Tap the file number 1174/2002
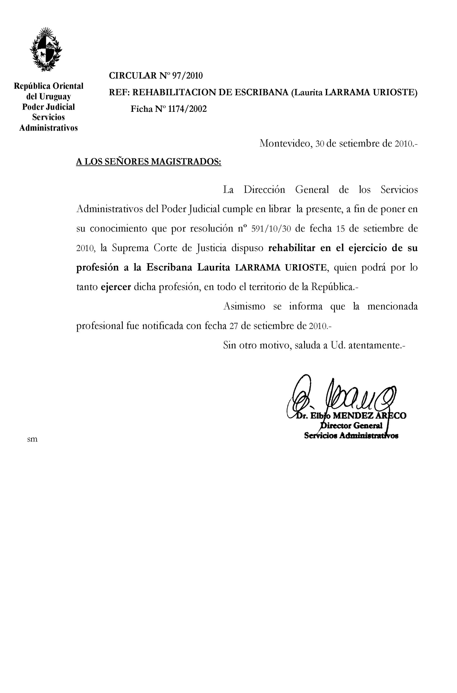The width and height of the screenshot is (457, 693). (188, 109)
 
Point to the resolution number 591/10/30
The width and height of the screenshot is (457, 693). (271, 229)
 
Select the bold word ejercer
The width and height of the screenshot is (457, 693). (116, 287)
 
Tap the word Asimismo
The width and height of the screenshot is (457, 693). (244, 307)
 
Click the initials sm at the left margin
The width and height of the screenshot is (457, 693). (32, 439)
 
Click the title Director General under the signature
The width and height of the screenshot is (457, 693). (351, 426)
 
